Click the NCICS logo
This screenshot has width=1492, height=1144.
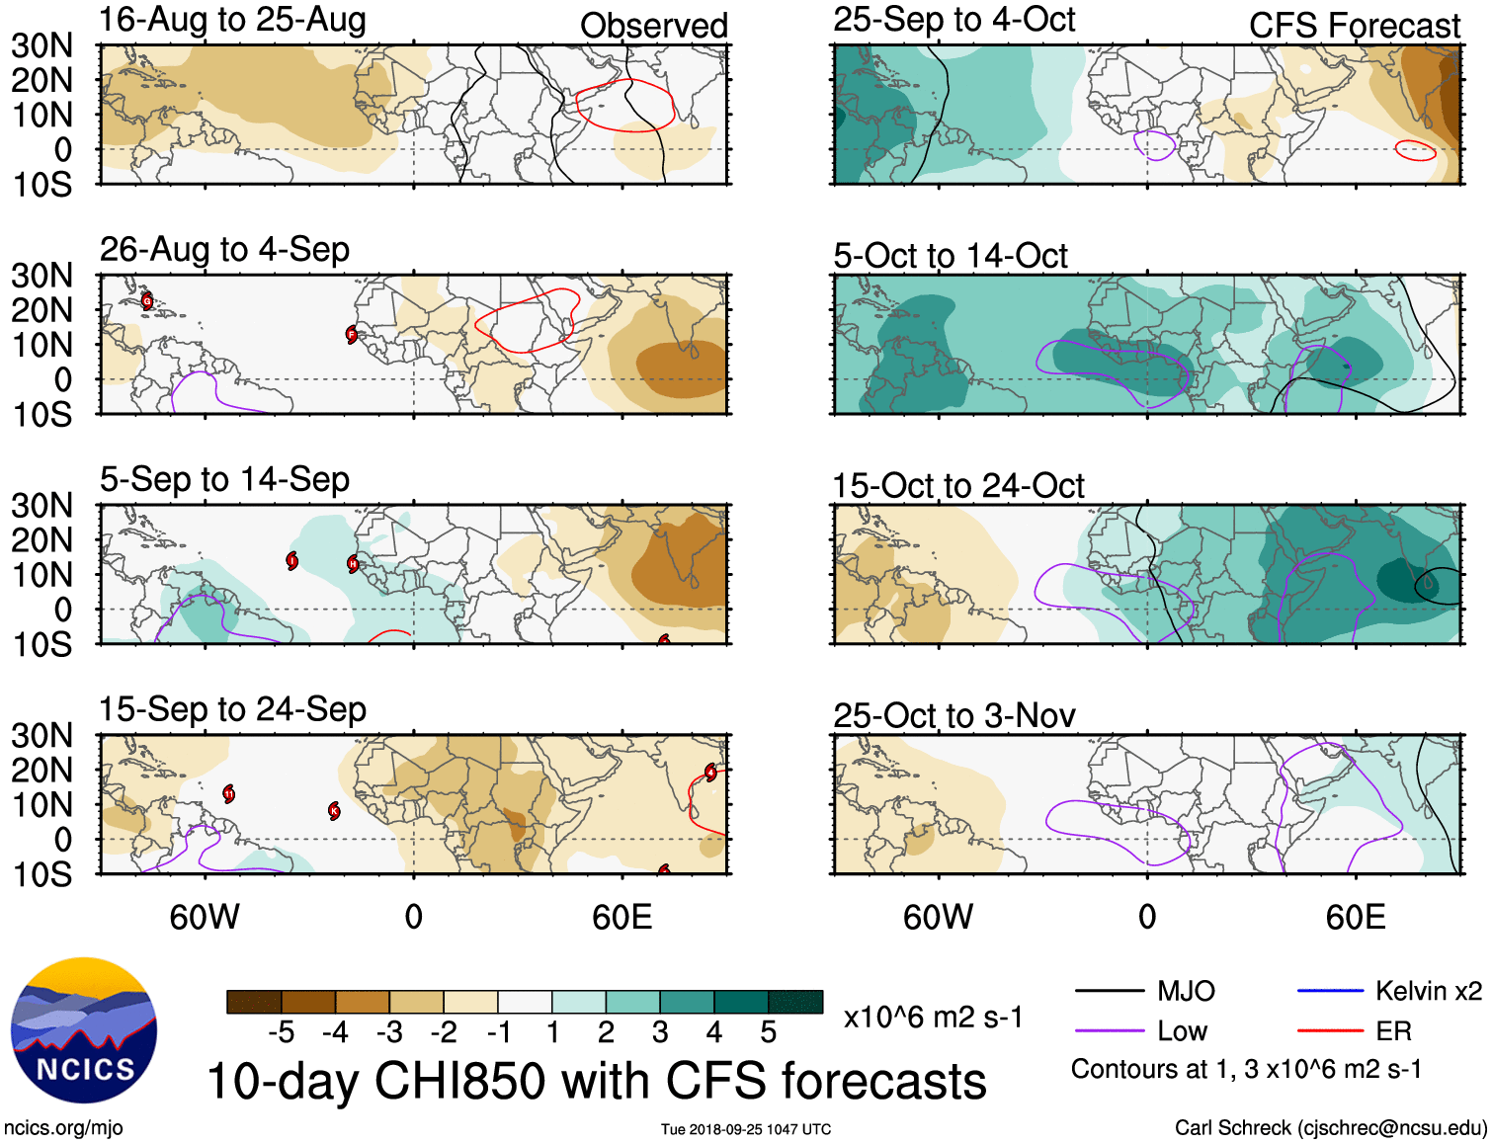(84, 1030)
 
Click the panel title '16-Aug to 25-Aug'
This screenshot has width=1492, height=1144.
(232, 20)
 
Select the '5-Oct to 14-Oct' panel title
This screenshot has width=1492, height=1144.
(950, 256)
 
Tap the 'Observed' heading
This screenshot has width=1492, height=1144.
(653, 26)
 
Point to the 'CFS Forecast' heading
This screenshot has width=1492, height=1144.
(1354, 26)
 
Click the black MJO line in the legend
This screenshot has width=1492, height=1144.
(1109, 991)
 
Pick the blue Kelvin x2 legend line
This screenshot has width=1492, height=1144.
(1330, 991)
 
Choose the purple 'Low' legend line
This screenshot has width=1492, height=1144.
(1109, 1031)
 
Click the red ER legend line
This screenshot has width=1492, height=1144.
(1330, 1031)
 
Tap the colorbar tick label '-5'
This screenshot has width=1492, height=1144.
(281, 1033)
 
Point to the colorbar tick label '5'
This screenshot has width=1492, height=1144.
(768, 1033)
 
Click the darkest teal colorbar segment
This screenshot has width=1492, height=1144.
(795, 1002)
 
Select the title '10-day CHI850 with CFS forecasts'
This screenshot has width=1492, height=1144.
(597, 1081)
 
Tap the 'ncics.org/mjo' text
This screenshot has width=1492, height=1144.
(63, 1128)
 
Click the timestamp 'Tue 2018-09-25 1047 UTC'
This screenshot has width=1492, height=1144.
(746, 1129)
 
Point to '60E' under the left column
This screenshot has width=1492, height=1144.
(622, 918)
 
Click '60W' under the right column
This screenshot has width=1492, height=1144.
(938, 918)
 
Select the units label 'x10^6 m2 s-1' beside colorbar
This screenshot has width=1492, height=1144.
(933, 1018)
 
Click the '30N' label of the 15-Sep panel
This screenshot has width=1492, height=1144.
(41, 736)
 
